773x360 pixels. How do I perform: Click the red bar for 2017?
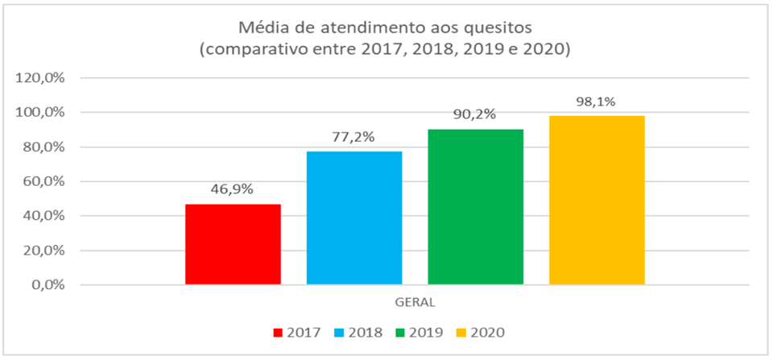click(233, 244)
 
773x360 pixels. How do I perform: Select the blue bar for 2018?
click(354, 217)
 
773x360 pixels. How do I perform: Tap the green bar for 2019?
click(475, 206)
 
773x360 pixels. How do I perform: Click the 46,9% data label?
click(234, 190)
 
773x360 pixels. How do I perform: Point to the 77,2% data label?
click(354, 137)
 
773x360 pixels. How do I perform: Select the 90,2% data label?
click(475, 114)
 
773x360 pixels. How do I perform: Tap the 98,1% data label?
click(597, 101)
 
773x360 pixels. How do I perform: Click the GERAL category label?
click(415, 303)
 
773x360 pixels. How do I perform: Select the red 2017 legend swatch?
click(279, 332)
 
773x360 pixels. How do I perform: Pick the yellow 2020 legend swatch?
click(462, 332)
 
